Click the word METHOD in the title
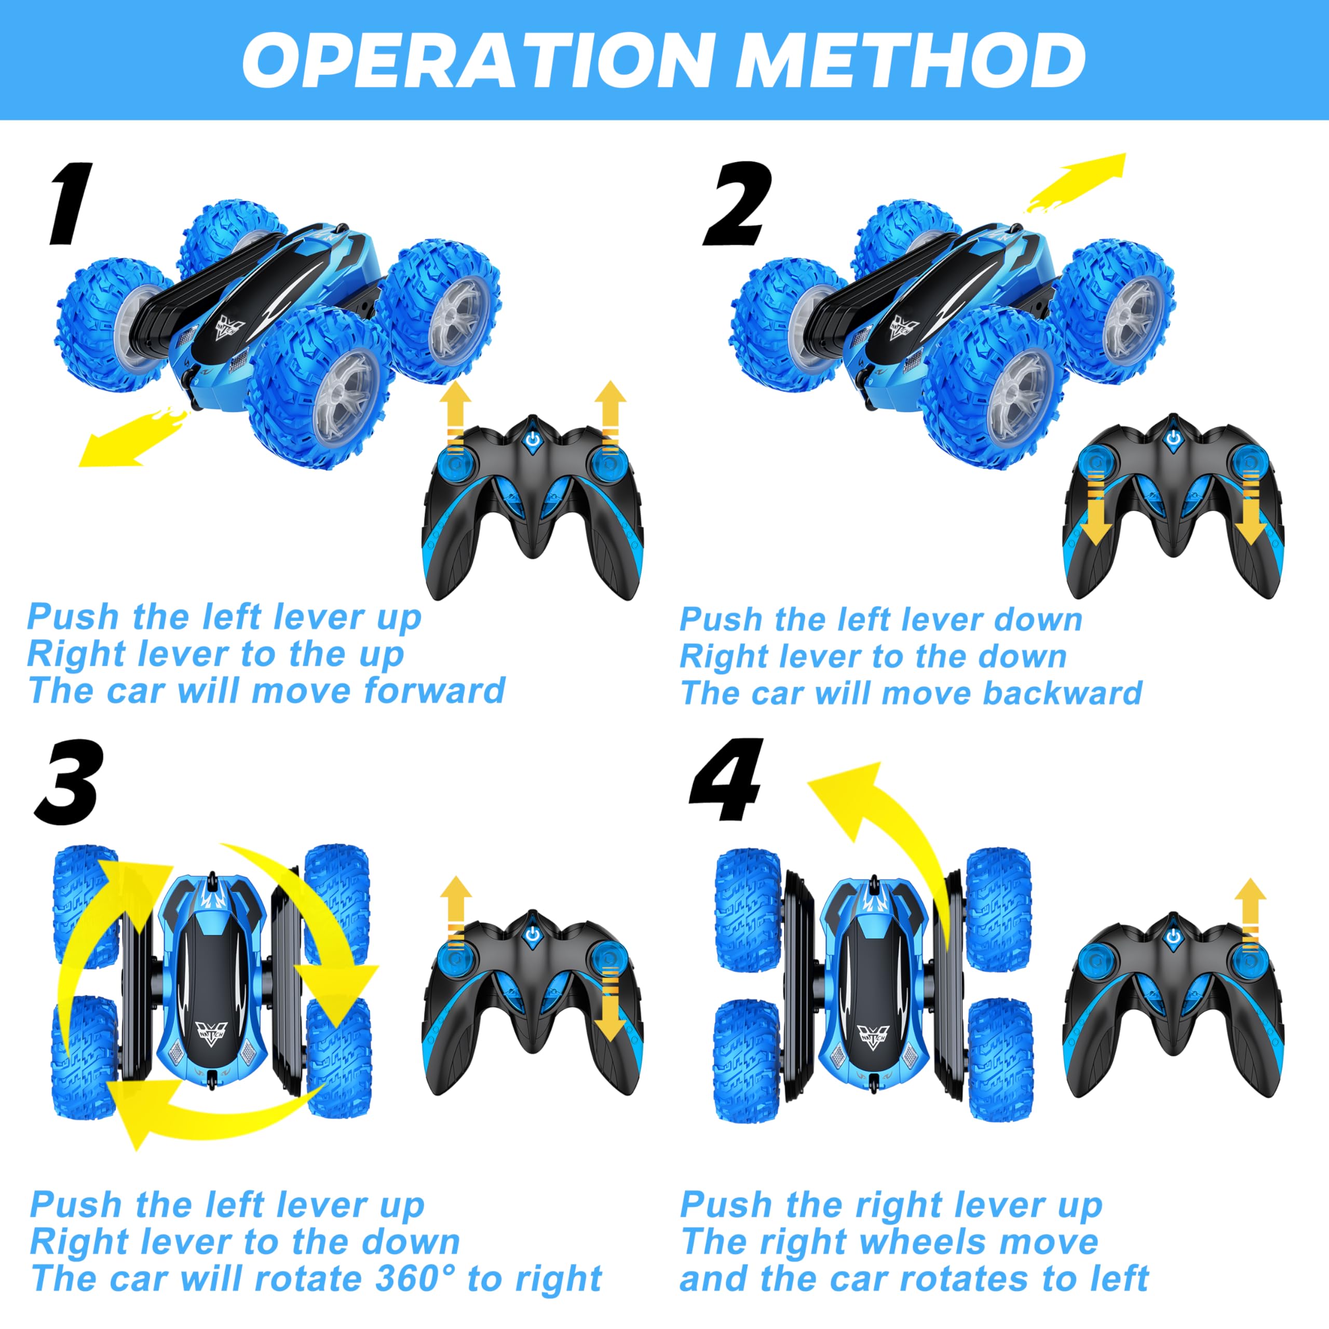coord(910,61)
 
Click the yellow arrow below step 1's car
coord(131,438)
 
